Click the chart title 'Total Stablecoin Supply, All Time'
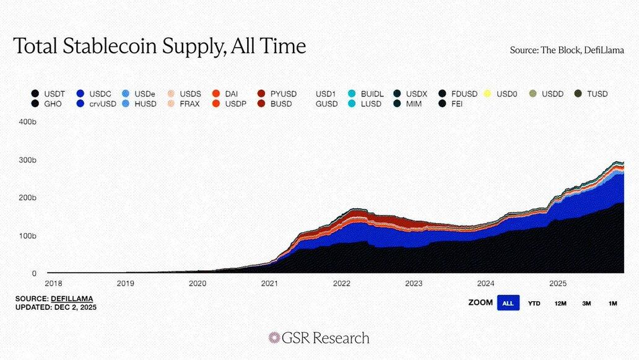tap(160, 46)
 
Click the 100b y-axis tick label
tap(28, 236)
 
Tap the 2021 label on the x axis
tap(269, 283)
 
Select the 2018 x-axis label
tap(54, 283)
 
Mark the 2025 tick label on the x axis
tap(558, 283)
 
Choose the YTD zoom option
tap(534, 303)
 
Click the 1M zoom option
tap(612, 303)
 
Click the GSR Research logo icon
tap(274, 338)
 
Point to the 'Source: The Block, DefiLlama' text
tap(567, 50)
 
